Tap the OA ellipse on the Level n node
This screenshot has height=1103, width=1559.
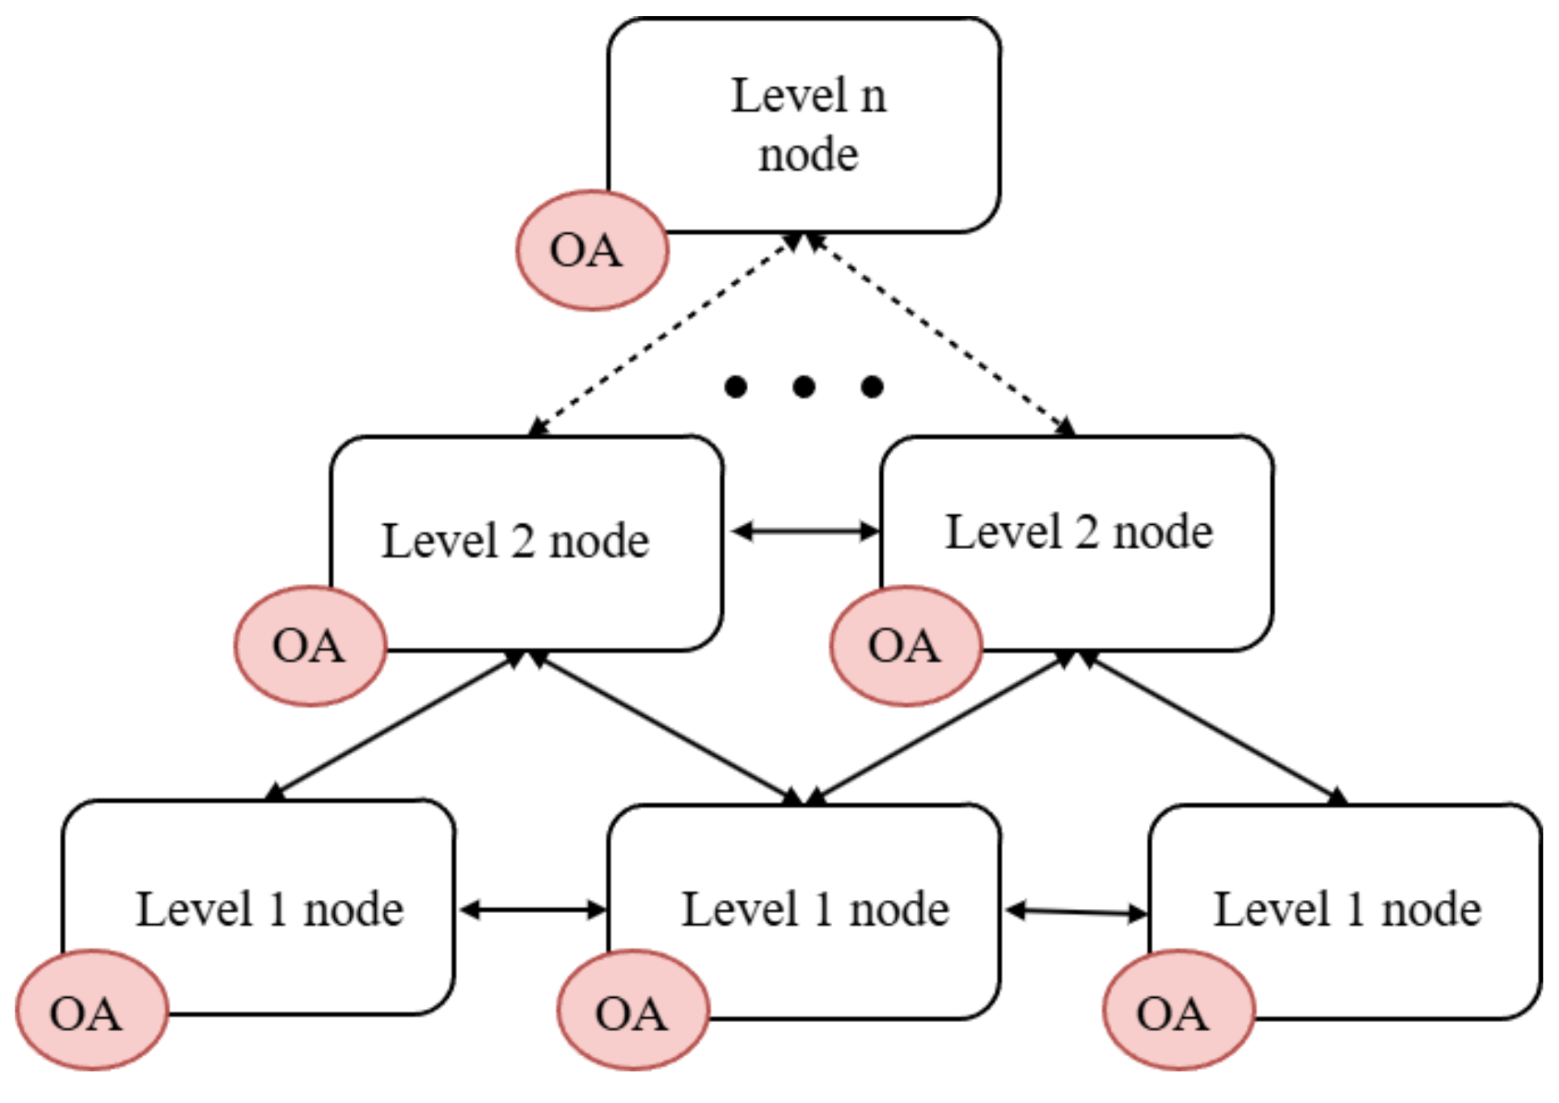[x=592, y=251]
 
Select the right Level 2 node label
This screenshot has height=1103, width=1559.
[x=1079, y=532]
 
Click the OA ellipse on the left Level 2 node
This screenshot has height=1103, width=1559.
[x=311, y=645]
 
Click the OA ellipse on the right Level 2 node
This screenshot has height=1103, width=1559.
[x=906, y=645]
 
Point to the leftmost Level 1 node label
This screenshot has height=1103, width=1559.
[x=269, y=909]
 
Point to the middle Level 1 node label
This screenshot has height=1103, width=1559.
[x=815, y=909]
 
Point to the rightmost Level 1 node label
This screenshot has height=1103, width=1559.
[x=1347, y=909]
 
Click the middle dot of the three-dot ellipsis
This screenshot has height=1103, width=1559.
[x=804, y=387]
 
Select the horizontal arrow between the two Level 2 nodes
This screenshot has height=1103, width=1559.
[x=805, y=531]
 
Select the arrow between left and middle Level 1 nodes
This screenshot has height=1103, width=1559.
[x=533, y=910]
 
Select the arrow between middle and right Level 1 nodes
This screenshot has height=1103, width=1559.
[x=1076, y=912]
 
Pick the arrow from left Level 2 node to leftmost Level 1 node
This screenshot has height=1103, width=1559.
[x=396, y=725]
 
